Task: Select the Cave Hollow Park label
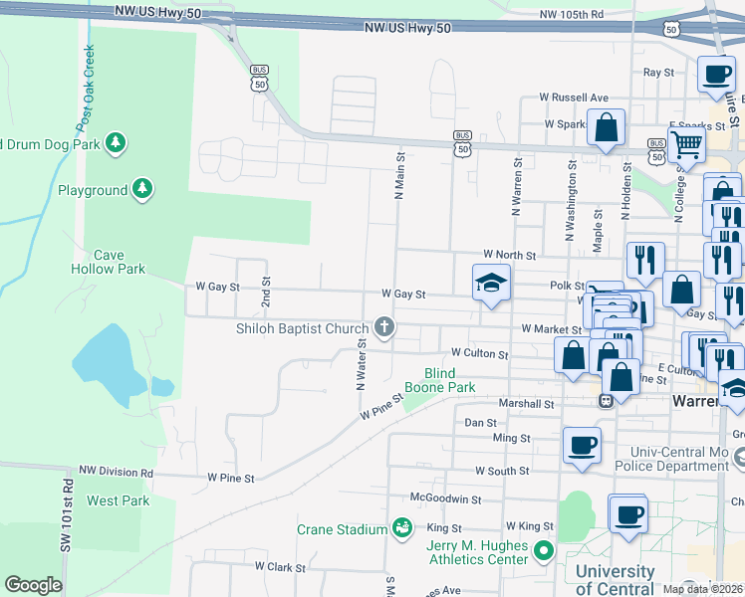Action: (109, 262)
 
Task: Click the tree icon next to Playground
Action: (142, 188)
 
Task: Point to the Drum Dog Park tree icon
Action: (117, 143)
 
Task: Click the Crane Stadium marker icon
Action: (401, 526)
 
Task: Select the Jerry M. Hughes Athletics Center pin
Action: (543, 549)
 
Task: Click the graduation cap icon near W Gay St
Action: (490, 284)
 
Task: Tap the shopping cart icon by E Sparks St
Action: (686, 144)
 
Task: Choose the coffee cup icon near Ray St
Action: (716, 75)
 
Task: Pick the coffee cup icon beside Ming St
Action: (582, 445)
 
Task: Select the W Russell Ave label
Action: (573, 98)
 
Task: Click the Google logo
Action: (33, 585)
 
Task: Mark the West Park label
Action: (119, 500)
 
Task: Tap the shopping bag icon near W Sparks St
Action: (606, 128)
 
